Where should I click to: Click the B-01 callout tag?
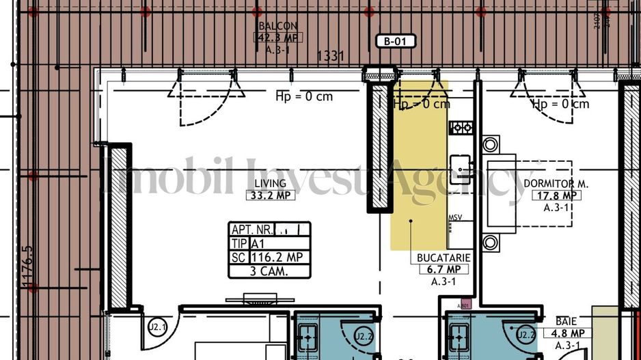(396, 42)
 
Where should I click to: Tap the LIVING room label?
(271, 184)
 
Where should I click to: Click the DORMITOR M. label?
(556, 184)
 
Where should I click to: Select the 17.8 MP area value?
(556, 195)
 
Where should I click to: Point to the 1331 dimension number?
(331, 56)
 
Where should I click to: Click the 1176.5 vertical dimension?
(27, 268)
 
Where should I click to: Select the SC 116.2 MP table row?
(270, 257)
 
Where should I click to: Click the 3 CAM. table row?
(270, 271)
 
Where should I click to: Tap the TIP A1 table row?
(270, 244)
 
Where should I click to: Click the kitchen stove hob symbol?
(461, 127)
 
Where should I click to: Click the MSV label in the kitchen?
(455, 218)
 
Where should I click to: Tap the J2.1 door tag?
(157, 327)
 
